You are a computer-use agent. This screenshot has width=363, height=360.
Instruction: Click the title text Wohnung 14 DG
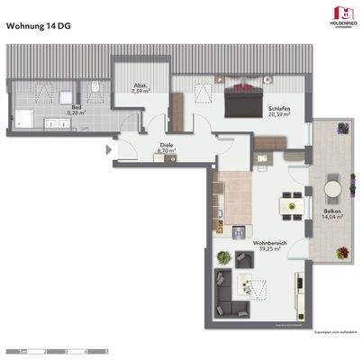(x=41, y=26)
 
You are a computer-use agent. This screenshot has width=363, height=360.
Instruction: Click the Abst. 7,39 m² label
(x=140, y=89)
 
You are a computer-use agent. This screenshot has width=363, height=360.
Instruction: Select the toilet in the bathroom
(x=93, y=89)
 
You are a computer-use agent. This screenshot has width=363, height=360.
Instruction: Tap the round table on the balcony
(x=331, y=190)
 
